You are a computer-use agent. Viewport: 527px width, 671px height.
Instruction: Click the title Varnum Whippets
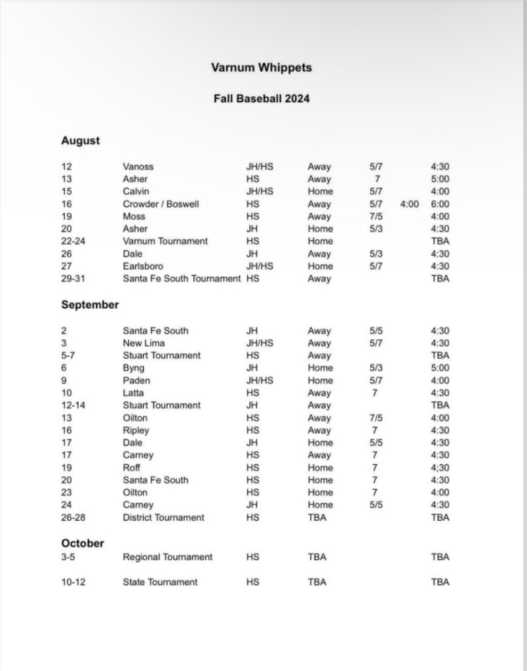(262, 68)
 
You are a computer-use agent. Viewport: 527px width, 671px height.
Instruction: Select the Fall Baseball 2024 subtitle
(262, 99)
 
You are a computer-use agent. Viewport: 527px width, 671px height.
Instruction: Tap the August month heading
(81, 140)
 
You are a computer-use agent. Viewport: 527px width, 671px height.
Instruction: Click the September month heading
(90, 305)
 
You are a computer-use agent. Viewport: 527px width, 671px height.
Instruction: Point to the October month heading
(83, 543)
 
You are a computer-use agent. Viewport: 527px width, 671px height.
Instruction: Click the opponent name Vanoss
(138, 167)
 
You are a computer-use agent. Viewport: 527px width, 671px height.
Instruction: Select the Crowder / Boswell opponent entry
(161, 204)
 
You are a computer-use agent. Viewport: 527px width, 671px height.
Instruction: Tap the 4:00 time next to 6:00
(409, 204)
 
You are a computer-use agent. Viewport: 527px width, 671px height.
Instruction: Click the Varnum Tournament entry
(165, 241)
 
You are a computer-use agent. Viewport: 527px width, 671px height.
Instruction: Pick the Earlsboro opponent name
(144, 266)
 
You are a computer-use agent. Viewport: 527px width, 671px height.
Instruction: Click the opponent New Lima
(144, 343)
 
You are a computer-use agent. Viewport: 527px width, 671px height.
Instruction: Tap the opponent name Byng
(134, 368)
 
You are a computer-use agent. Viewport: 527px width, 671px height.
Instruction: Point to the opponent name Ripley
(136, 430)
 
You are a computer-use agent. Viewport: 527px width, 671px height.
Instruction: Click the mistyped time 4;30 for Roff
(440, 468)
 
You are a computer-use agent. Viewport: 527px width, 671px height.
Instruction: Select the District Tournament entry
(163, 518)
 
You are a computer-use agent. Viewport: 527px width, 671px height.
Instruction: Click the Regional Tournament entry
(168, 557)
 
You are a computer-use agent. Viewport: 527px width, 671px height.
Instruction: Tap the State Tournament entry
(160, 582)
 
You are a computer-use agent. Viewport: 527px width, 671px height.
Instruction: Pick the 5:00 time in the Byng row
(440, 368)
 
